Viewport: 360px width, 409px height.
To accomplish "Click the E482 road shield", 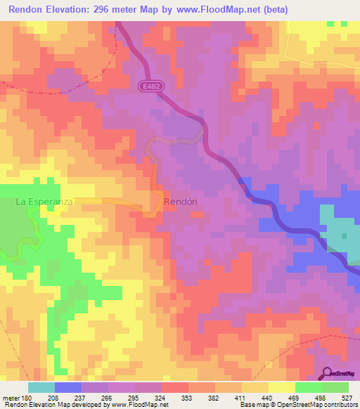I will (147, 84).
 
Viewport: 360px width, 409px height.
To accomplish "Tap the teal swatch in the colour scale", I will (41, 387).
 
